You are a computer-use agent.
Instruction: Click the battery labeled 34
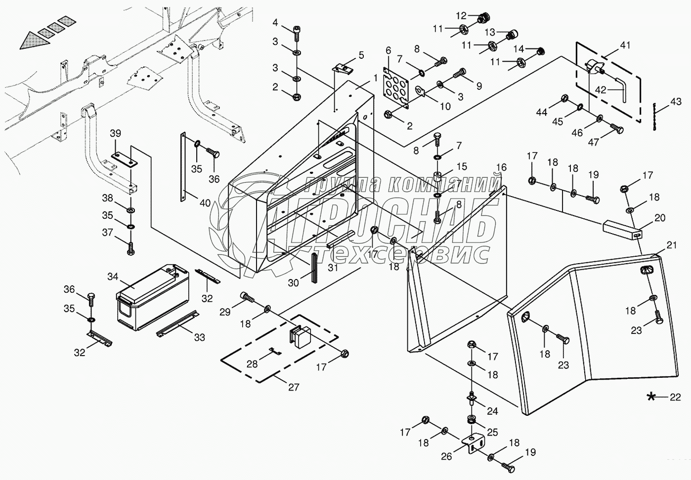pos(152,297)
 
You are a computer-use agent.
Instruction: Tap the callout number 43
pos(676,101)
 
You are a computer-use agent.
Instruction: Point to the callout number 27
pos(294,387)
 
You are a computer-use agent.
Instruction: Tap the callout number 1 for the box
pos(375,78)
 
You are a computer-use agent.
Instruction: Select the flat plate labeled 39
pos(125,160)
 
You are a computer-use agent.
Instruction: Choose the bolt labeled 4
pos(297,33)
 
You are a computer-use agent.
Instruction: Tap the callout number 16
pos(502,167)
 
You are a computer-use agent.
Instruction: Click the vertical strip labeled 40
pos(183,167)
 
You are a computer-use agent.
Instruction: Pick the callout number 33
pos(200,338)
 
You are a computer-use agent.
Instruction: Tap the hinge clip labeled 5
pos(344,69)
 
